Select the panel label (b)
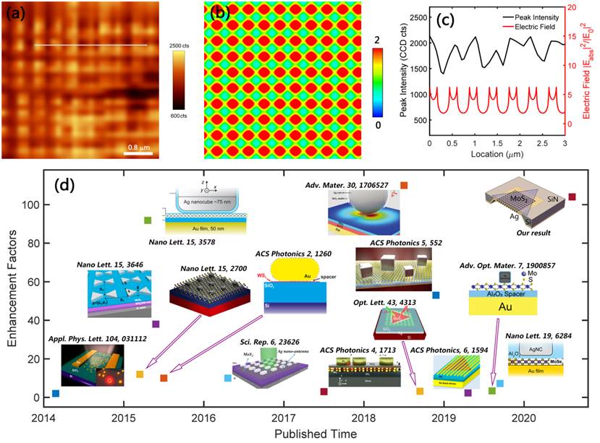pyautogui.click(x=221, y=13)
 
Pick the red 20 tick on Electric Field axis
pyautogui.click(x=573, y=7)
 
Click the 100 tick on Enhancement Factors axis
pyautogui.click(x=31, y=205)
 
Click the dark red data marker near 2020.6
pyautogui.click(x=572, y=197)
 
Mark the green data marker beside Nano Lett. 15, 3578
pyautogui.click(x=148, y=220)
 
